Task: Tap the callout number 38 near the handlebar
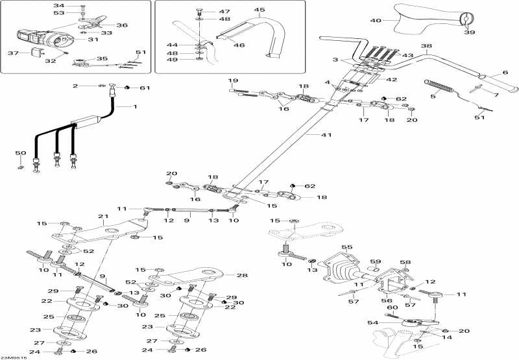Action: pos(426,46)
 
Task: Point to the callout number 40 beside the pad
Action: pos(376,21)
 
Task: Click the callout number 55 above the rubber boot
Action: pos(347,247)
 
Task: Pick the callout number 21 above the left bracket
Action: pos(102,216)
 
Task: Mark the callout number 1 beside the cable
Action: pos(135,106)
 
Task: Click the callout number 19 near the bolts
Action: pos(233,80)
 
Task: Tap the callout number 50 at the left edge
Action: pos(21,153)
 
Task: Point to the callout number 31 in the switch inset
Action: pos(93,40)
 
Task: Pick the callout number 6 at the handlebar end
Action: pos(505,73)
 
